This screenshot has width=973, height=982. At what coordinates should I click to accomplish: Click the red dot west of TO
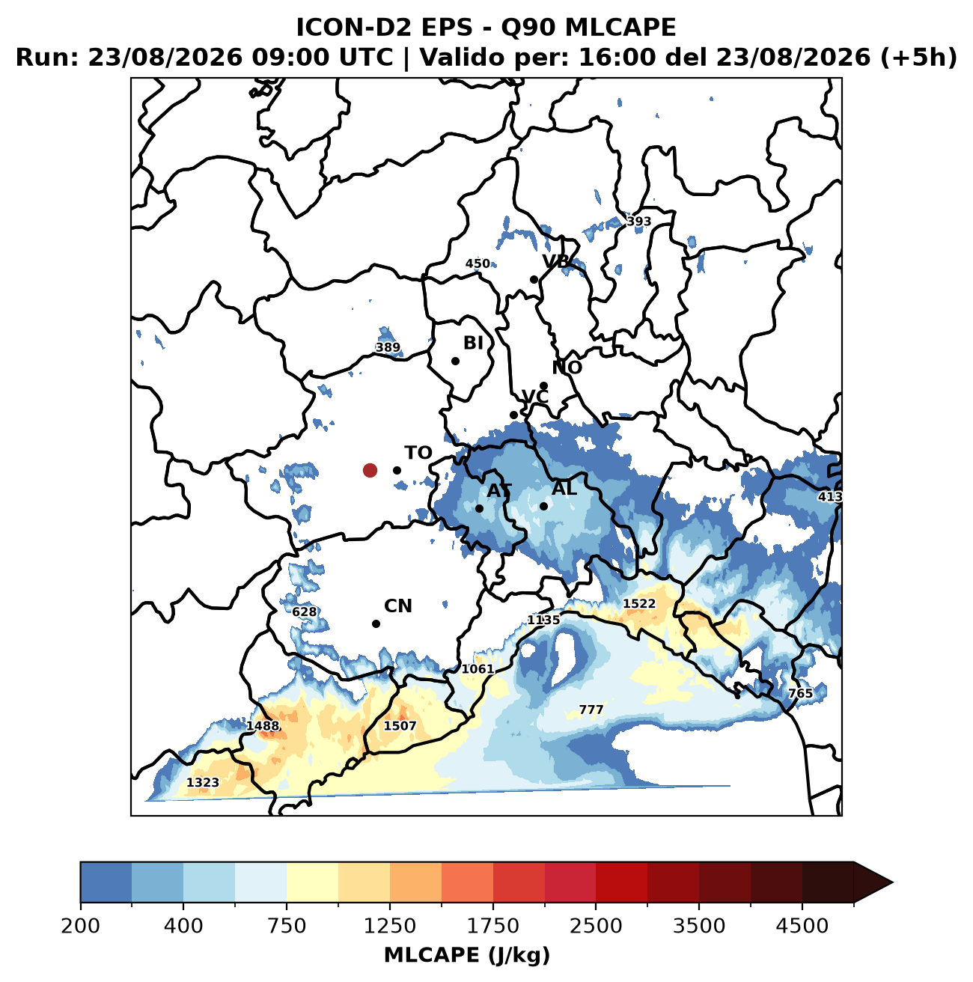[x=370, y=470]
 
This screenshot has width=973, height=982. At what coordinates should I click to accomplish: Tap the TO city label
[x=418, y=453]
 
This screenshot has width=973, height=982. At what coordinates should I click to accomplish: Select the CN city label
[x=397, y=606]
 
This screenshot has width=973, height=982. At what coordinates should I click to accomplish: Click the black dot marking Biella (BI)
[x=455, y=361]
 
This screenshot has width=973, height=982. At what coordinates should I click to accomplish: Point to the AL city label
[x=564, y=488]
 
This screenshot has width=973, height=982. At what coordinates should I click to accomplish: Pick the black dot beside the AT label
[x=479, y=508]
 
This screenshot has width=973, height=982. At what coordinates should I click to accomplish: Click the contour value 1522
[x=639, y=603]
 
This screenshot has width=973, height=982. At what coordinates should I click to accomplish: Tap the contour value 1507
[x=400, y=725]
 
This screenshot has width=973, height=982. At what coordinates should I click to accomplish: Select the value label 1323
[x=203, y=781]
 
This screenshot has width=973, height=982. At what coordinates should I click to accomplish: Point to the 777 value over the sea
[x=591, y=710]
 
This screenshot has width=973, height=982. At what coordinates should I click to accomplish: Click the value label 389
[x=388, y=347]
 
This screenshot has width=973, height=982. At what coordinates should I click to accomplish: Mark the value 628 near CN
[x=305, y=612]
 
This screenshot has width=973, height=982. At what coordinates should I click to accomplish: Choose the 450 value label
[x=478, y=263]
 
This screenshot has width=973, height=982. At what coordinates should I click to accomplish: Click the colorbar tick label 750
[x=287, y=925]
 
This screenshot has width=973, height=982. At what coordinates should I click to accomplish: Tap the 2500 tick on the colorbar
[x=596, y=925]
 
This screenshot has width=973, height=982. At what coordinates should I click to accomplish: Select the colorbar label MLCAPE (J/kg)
[x=467, y=954]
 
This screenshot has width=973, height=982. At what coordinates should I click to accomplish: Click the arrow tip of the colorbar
[x=893, y=882]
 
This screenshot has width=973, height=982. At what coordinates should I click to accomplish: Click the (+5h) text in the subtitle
[x=919, y=57]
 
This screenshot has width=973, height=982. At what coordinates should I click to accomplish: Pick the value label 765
[x=800, y=693]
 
